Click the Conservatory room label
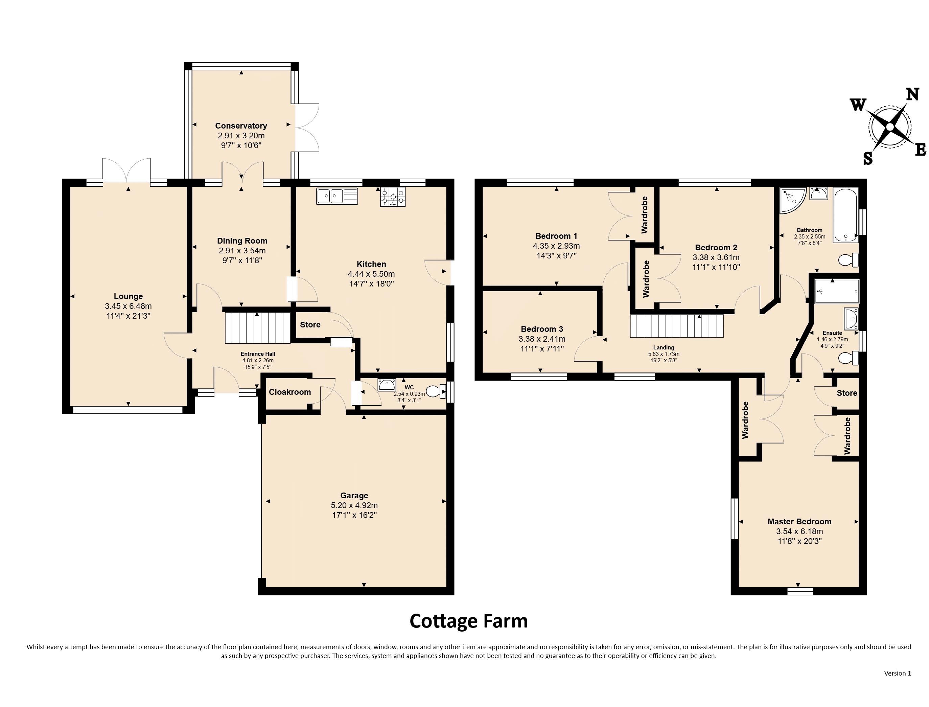tap(241, 126)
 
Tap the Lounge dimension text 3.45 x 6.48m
tap(128, 306)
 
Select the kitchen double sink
tap(337, 196)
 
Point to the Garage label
tap(354, 495)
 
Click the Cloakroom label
tap(290, 392)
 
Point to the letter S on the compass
tap(867, 159)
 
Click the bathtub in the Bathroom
tap(845, 215)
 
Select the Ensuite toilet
tap(848, 358)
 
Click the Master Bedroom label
tap(799, 521)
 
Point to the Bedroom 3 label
tap(542, 329)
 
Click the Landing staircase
tap(676, 326)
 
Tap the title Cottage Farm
tap(468, 621)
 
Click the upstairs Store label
tap(847, 393)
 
